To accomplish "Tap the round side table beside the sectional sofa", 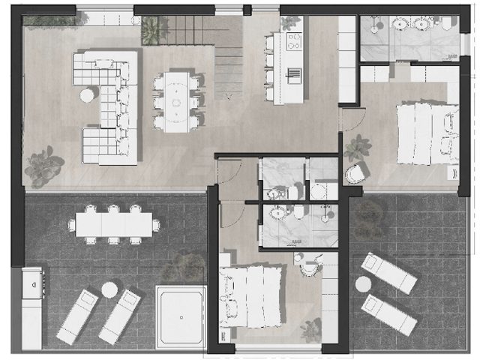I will coord(87,94).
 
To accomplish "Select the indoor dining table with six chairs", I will coord(178,100).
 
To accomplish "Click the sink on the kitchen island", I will coord(295,73).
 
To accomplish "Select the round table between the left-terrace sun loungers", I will coord(110,290).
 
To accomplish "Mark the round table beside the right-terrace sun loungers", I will coord(363,284).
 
